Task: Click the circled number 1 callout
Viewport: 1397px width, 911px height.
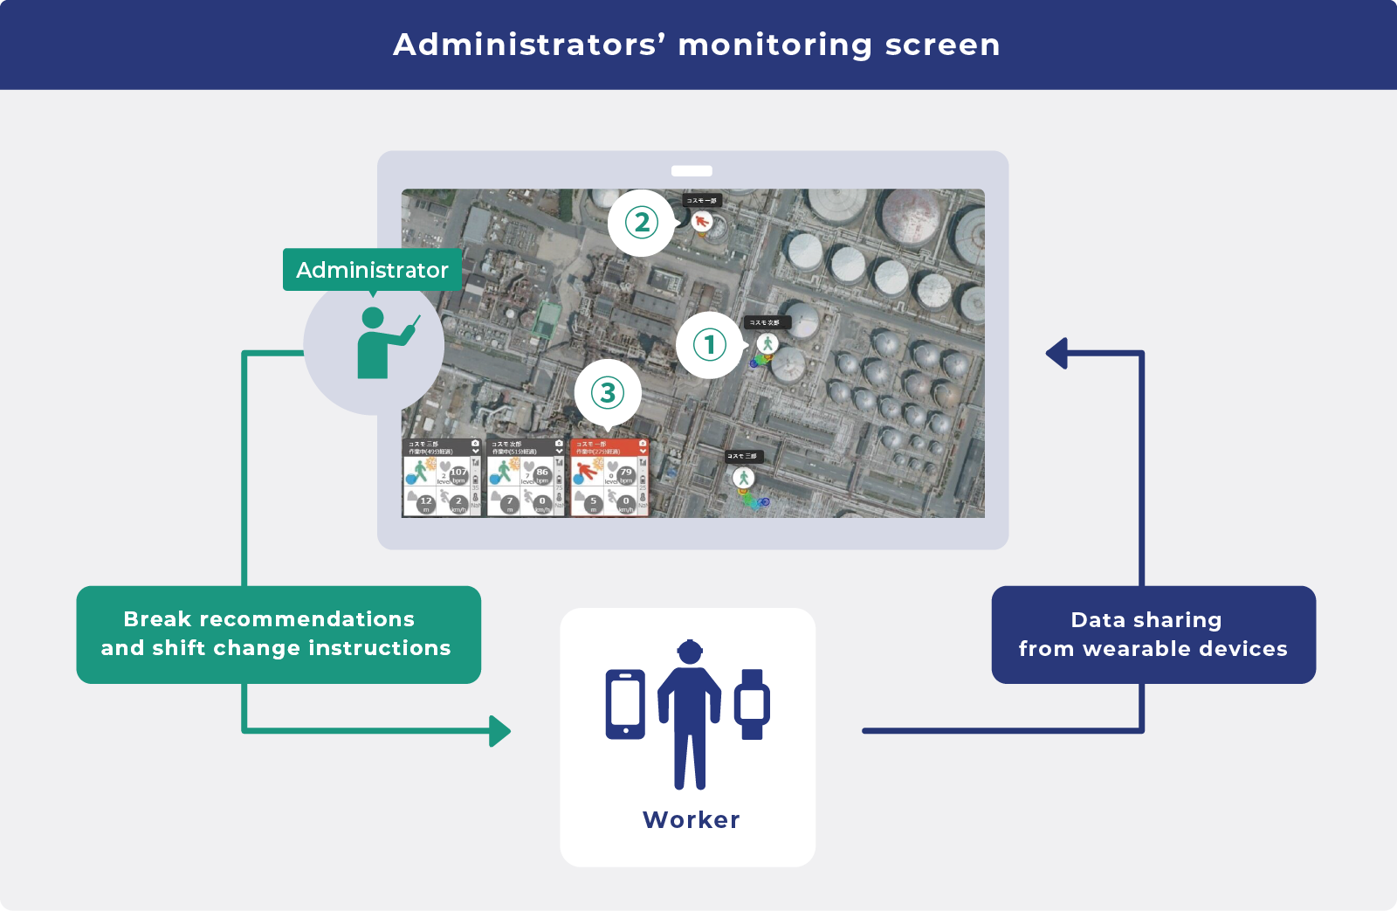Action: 709,345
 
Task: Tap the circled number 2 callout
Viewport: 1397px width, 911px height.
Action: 642,223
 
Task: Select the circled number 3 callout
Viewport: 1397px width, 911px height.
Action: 608,393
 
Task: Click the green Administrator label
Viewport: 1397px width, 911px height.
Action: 372,270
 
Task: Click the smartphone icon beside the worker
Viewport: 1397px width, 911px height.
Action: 625,704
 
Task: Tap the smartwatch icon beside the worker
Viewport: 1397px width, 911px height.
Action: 752,704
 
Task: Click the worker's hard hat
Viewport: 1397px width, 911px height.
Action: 690,651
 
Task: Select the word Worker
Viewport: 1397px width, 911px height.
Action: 691,820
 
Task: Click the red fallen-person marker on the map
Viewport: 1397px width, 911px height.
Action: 701,222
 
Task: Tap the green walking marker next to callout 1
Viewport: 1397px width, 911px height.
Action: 767,344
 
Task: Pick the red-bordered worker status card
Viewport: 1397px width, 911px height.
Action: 609,477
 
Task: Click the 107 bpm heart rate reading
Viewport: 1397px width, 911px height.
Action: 458,473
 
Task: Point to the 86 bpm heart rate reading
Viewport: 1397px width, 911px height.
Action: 542,473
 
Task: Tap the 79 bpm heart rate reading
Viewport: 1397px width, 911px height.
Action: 626,473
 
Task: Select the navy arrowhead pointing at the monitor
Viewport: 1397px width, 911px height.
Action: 1057,354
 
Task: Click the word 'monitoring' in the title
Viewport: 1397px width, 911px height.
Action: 774,45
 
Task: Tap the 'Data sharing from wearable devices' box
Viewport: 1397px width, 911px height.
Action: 1153,635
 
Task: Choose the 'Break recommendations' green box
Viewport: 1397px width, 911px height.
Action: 279,634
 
